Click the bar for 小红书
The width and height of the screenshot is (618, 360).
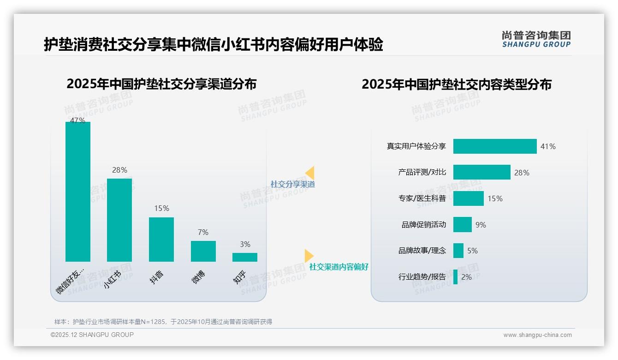pos(119,220)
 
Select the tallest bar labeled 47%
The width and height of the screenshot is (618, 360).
pos(78,192)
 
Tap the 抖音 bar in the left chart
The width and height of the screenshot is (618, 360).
pos(161,240)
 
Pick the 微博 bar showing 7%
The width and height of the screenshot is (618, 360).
pos(203,251)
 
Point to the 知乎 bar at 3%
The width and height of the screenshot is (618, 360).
pos(245,257)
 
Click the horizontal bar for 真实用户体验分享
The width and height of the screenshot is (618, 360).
pos(495,146)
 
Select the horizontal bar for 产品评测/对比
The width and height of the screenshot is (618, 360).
pos(481,172)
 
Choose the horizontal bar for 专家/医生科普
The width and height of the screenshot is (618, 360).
pos(468,198)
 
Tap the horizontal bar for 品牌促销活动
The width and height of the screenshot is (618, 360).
pos(462,225)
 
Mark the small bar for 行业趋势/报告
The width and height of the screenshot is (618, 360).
pos(456,277)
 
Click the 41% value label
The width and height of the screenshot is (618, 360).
pos(548,147)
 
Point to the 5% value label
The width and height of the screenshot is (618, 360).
pos(472,251)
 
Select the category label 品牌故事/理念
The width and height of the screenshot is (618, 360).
pos(422,251)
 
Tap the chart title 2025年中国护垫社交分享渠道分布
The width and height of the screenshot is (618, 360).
pos(161,84)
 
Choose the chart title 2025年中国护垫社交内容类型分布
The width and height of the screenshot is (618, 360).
pos(457,84)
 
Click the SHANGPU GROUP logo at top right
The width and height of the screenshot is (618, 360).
pos(536,39)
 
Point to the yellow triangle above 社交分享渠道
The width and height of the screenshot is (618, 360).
pos(310,173)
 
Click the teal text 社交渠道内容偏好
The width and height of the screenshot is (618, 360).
pos(339,267)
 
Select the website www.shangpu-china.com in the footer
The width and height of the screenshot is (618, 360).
pos(537,335)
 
